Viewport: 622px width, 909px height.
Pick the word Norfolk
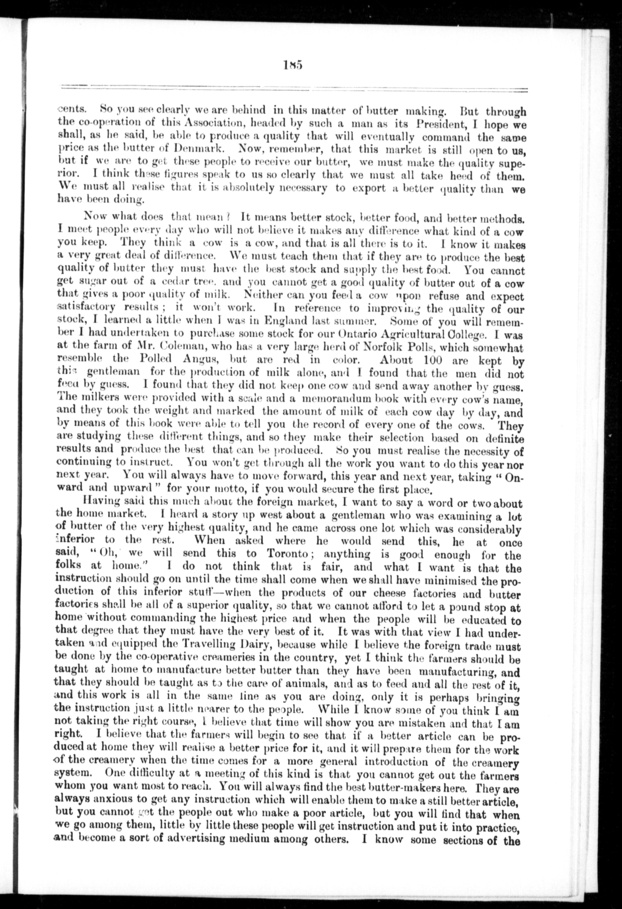[x=385, y=348]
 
